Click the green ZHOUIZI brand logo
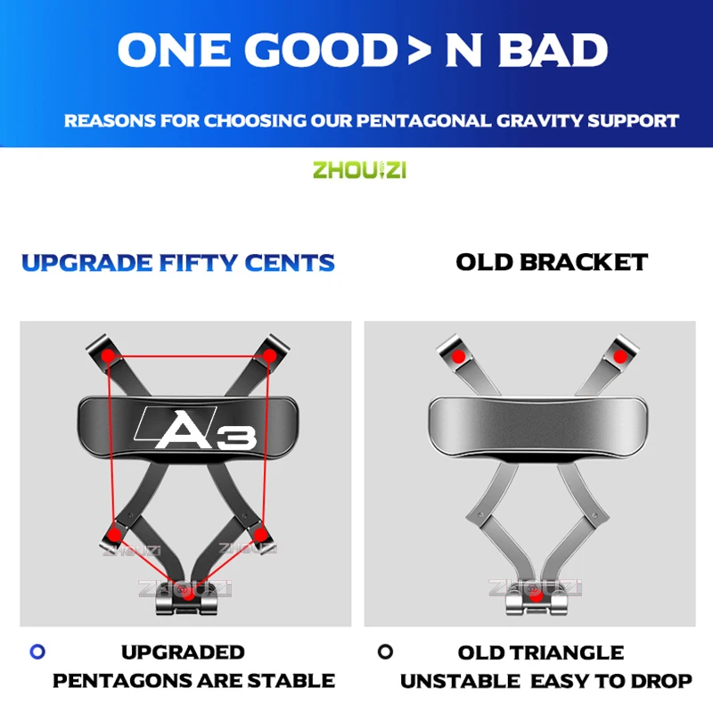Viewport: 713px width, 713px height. [x=359, y=169]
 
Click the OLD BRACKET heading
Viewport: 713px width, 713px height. [x=552, y=262]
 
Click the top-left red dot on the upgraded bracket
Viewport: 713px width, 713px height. [x=108, y=356]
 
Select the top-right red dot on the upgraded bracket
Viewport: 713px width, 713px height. [x=269, y=356]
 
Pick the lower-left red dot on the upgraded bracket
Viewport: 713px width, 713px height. [x=114, y=533]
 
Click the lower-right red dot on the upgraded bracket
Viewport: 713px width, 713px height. [x=259, y=533]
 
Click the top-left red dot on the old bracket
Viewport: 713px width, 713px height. [x=458, y=356]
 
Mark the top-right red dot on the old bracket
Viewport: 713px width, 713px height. [x=619, y=356]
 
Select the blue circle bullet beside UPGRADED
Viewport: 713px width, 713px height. [x=37, y=652]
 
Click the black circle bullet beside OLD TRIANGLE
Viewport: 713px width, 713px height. [x=385, y=652]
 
